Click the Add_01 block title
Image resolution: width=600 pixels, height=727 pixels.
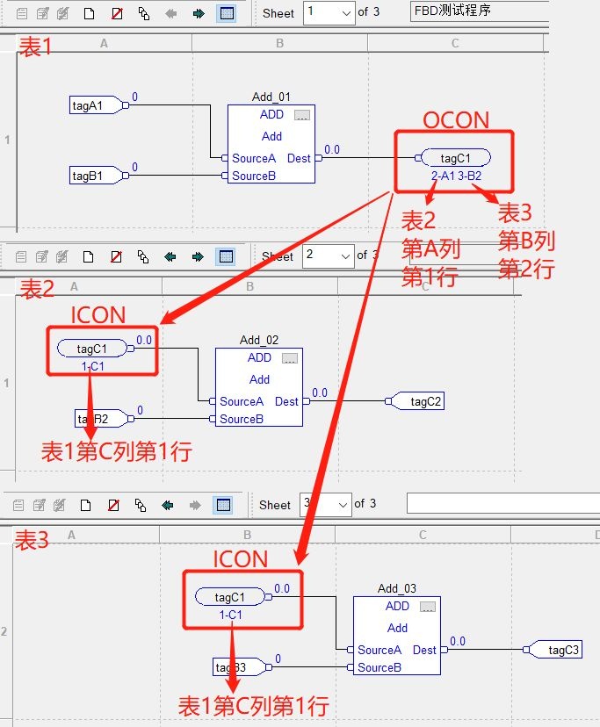click(271, 97)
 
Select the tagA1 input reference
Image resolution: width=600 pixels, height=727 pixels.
click(89, 105)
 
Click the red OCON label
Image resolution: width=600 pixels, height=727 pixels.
click(456, 120)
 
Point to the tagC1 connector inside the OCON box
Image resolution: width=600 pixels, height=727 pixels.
click(455, 158)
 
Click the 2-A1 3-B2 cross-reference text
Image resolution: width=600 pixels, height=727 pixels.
click(456, 176)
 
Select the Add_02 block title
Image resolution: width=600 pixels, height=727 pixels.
click(259, 340)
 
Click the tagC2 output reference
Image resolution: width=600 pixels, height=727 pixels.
click(426, 401)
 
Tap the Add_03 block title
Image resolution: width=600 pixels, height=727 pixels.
click(397, 588)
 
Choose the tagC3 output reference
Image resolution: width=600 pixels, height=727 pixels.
click(563, 650)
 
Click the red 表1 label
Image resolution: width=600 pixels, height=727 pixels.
click(36, 48)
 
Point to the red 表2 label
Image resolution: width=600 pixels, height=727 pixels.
click(37, 288)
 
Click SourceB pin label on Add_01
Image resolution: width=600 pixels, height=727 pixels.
click(254, 176)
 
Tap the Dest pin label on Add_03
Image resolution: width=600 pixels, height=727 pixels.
click(424, 651)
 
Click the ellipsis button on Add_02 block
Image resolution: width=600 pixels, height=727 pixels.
click(290, 358)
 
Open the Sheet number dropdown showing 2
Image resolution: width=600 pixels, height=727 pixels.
click(328, 256)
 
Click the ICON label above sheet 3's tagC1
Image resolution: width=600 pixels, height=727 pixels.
click(241, 559)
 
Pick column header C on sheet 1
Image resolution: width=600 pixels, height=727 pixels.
click(455, 43)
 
